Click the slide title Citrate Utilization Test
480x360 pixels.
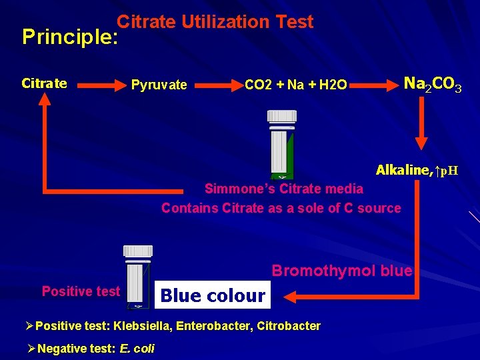(215, 22)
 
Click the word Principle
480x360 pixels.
(69, 37)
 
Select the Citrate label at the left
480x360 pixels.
(44, 83)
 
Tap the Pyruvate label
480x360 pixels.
(159, 85)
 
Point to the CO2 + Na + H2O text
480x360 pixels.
(295, 85)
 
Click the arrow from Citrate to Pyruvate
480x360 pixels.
(99, 85)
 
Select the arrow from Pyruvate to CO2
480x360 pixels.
(216, 85)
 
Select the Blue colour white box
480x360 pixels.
(213, 295)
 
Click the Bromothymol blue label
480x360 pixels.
(341, 271)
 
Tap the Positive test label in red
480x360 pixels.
(81, 291)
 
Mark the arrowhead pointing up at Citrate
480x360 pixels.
(44, 99)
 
